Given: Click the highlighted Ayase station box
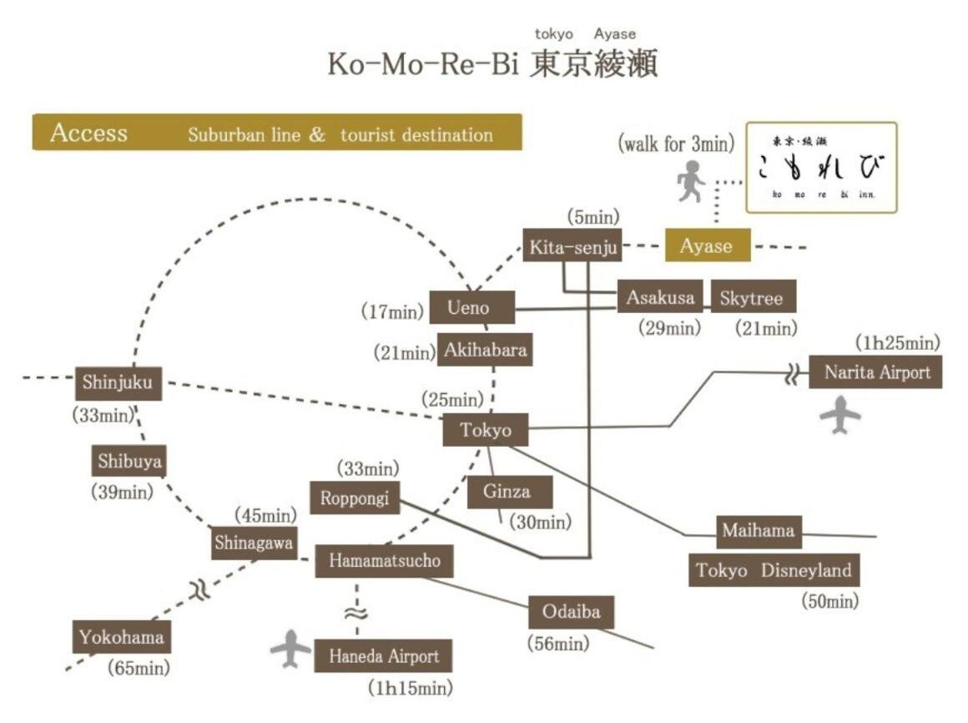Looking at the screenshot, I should (707, 245).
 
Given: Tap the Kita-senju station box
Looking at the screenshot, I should (572, 245).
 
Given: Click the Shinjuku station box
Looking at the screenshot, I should (118, 383).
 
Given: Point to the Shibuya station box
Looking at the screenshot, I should (129, 460).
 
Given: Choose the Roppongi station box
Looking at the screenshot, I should (355, 498).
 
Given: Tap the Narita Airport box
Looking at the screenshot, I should (875, 372).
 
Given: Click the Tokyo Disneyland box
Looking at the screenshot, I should (774, 571).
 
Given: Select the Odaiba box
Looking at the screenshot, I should (576, 612).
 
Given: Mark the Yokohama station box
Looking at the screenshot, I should (123, 639).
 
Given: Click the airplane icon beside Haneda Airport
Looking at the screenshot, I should (291, 650).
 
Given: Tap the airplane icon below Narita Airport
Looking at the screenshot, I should (839, 415).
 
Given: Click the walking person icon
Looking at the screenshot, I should (689, 183).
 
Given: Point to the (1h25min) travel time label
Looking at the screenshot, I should (898, 342).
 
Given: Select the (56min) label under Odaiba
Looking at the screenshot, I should (558, 644).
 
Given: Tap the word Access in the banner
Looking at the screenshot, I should (88, 134).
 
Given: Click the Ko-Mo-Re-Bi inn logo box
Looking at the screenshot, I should (821, 168).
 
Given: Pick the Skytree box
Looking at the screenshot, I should (753, 297).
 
